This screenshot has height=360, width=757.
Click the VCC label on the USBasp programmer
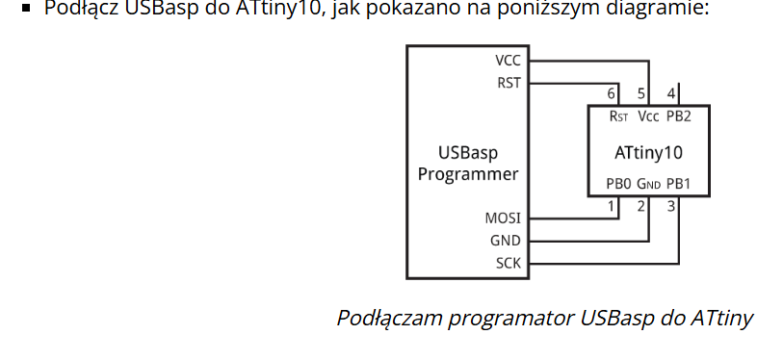[508, 61]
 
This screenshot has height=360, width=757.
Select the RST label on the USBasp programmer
[509, 83]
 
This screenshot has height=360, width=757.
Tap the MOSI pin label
[503, 219]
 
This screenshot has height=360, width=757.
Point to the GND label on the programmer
[506, 241]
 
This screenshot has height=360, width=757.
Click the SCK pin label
[509, 264]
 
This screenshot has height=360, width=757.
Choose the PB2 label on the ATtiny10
[679, 116]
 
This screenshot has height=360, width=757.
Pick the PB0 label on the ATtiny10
[618, 184]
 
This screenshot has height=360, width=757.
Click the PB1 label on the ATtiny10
[679, 184]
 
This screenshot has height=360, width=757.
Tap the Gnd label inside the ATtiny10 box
[649, 184]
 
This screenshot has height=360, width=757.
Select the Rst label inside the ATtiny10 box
[618, 116]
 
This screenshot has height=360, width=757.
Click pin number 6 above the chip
[612, 93]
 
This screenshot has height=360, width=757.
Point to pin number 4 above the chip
[671, 93]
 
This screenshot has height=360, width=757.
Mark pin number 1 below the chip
[612, 207]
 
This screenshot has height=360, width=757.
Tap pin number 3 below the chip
[671, 207]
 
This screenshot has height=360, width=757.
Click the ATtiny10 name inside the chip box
[648, 153]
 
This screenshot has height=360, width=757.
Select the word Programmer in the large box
[468, 174]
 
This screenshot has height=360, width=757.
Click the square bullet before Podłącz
[26, 9]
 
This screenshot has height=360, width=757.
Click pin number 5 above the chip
[641, 93]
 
